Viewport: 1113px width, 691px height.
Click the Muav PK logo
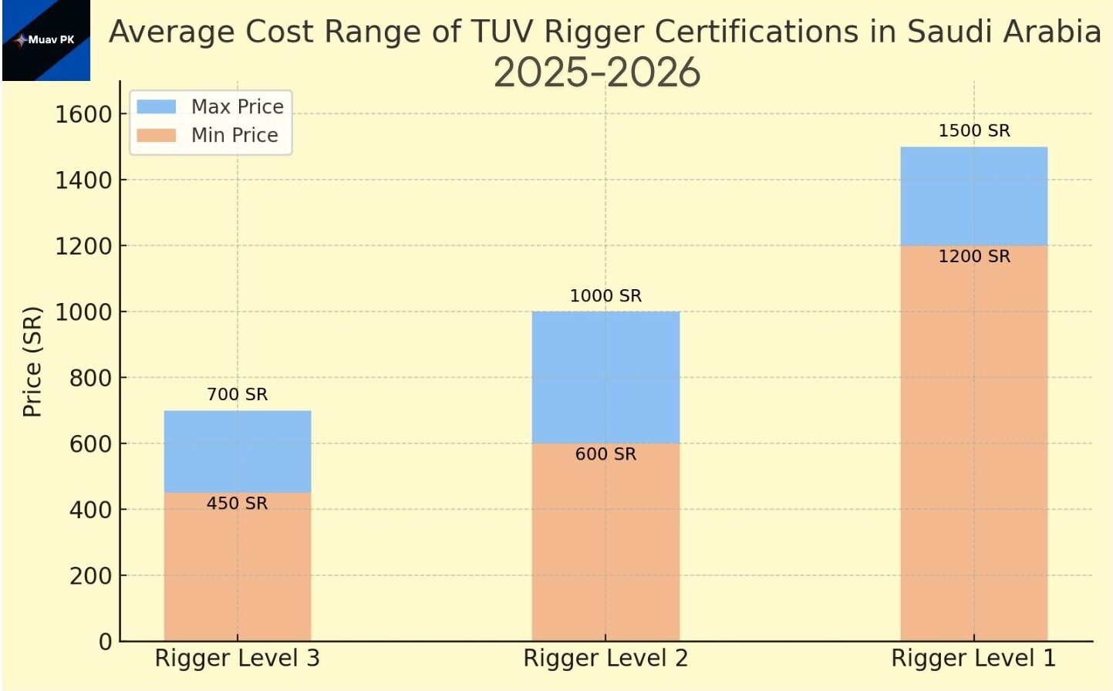pyautogui.click(x=46, y=40)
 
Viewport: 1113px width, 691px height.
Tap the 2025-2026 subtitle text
pyautogui.click(x=596, y=73)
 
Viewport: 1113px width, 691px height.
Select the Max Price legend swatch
pyautogui.click(x=156, y=106)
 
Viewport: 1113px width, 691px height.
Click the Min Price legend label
pyautogui.click(x=234, y=135)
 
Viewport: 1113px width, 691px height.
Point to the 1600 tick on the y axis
pyautogui.click(x=83, y=114)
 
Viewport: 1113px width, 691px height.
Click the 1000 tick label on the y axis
pyautogui.click(x=83, y=312)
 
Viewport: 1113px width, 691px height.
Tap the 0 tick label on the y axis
pyautogui.click(x=105, y=641)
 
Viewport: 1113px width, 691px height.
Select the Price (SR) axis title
pyautogui.click(x=32, y=362)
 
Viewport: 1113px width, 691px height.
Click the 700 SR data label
pyautogui.click(x=237, y=394)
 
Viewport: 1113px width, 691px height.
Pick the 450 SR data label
pyautogui.click(x=237, y=503)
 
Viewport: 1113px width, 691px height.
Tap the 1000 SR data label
pyautogui.click(x=605, y=295)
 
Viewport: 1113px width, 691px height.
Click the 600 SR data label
pyautogui.click(x=605, y=454)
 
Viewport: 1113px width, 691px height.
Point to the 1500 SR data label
pyautogui.click(x=974, y=130)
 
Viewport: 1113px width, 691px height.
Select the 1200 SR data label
pyautogui.click(x=974, y=256)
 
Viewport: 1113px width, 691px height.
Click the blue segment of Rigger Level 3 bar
pyautogui.click(x=238, y=451)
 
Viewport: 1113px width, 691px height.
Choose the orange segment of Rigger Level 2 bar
pyautogui.click(x=605, y=548)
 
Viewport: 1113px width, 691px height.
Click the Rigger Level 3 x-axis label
pyautogui.click(x=237, y=658)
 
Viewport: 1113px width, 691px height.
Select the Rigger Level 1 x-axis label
pyautogui.click(x=973, y=658)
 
